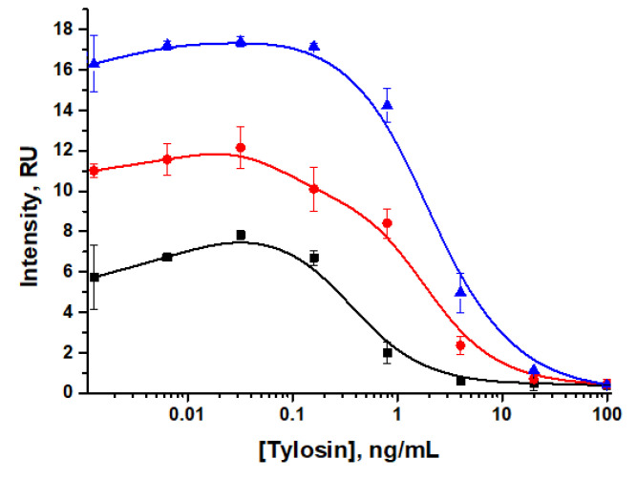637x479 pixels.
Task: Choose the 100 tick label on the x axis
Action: [605, 415]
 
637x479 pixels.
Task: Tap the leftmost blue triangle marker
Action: [94, 63]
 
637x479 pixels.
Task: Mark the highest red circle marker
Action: [241, 147]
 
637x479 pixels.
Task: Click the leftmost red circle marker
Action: [94, 171]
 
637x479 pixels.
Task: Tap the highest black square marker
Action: [241, 235]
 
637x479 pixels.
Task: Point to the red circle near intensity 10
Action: [314, 189]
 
